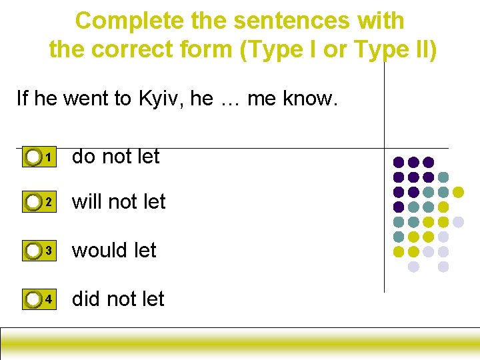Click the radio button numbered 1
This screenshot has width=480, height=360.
pos(33,157)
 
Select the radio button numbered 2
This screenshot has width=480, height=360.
pos(33,202)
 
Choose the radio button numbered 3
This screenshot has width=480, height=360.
pos(33,251)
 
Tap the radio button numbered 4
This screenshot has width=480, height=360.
pos(33,300)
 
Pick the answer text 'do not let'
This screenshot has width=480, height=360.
pos(115,157)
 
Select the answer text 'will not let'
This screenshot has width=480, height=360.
pos(119,201)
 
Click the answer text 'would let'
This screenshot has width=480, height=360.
pos(114,251)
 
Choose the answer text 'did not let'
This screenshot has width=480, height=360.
pos(117,299)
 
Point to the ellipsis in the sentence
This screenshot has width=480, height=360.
pos(230,99)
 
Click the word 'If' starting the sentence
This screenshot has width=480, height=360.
pos(22,99)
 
